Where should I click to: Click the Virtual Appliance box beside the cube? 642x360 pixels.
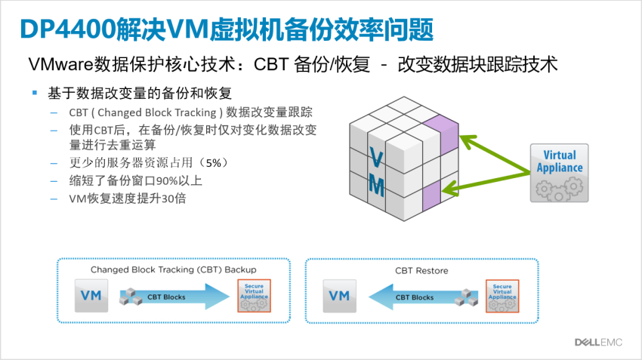pos(560,173)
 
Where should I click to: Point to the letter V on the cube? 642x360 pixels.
pos(375,158)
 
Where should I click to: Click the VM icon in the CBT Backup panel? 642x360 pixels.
pos(91,297)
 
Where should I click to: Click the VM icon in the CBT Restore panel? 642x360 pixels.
pos(340,297)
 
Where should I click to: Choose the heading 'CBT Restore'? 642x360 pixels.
pos(421,270)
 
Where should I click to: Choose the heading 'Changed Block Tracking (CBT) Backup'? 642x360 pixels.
pos(173,269)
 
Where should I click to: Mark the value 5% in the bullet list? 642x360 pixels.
pos(213,162)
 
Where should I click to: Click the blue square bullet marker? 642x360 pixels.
pos(35,92)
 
